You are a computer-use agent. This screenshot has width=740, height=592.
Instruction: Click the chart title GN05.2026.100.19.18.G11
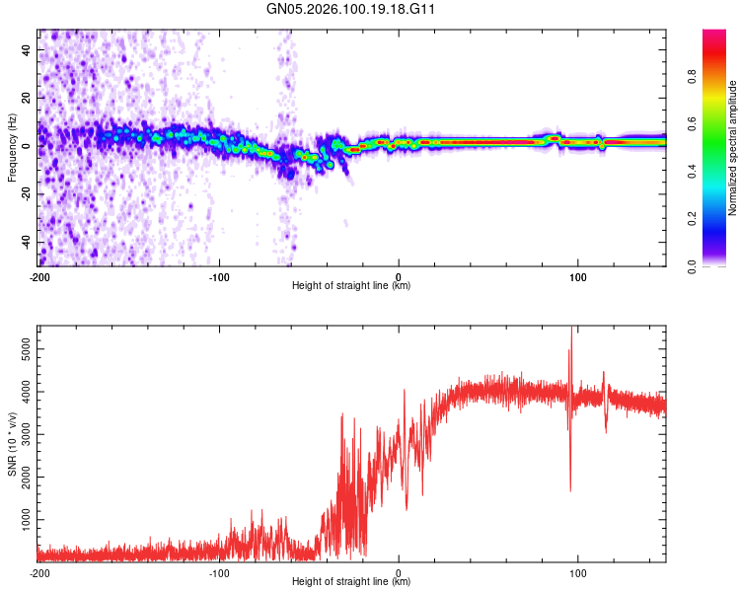coord(351,11)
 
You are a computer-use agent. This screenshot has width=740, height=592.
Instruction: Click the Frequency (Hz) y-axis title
coord(12,148)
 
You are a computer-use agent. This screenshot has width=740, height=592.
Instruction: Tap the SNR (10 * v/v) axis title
coord(12,446)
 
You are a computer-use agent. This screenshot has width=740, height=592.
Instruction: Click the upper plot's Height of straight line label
coord(351,285)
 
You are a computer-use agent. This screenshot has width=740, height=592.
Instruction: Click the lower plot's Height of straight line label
coord(351,581)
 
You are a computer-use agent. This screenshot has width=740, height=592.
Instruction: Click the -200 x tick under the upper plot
coord(39,276)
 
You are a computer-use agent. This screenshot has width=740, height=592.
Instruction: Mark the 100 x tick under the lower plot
coord(577,572)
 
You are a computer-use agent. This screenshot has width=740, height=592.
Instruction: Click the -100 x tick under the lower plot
coord(219,572)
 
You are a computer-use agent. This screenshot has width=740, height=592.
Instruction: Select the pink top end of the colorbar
coord(714,35)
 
